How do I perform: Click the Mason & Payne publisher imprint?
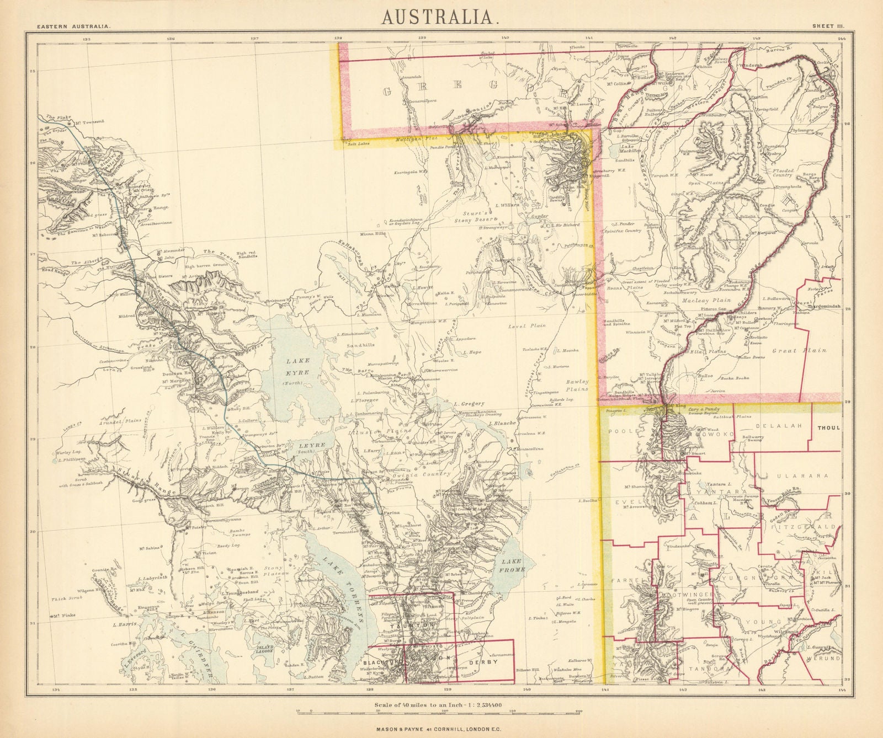pos(441,728)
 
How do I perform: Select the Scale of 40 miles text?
pos(441,704)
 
